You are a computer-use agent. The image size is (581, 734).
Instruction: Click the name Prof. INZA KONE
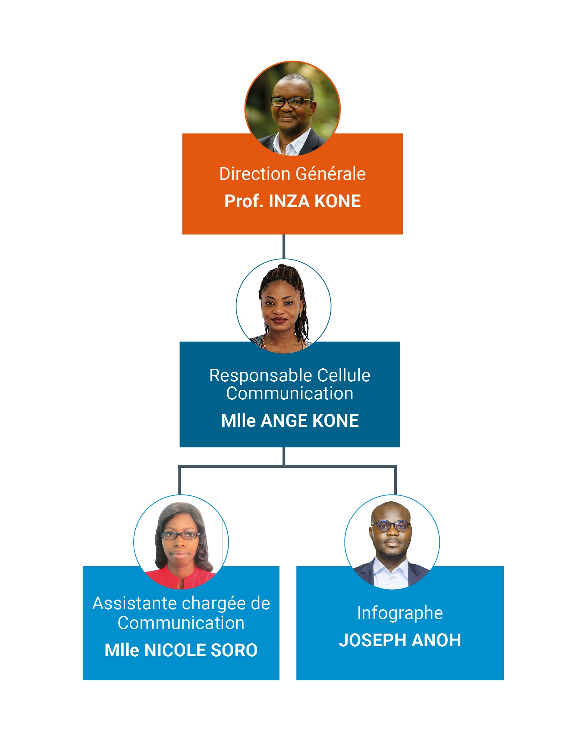(292, 201)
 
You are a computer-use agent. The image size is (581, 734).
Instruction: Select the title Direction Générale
(292, 174)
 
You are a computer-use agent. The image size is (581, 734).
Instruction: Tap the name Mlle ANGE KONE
(290, 421)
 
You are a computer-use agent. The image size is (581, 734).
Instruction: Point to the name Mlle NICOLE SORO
(181, 650)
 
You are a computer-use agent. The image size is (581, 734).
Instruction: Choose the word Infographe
(400, 613)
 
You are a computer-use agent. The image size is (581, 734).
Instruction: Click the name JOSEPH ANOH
(400, 640)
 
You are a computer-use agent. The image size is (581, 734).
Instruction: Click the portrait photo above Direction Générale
(292, 108)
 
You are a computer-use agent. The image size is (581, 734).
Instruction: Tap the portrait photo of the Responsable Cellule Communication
(283, 306)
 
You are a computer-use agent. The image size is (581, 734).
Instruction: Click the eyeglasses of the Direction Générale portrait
(291, 101)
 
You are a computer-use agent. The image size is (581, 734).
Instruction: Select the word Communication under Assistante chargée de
(181, 623)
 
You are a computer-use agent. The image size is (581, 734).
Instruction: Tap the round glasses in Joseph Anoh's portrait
(391, 526)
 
